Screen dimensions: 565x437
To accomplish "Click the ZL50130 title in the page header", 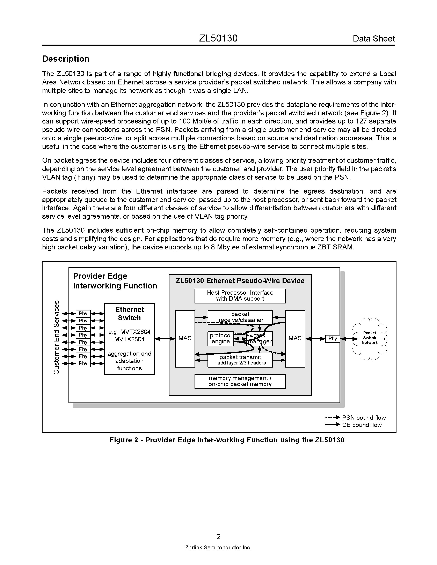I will coord(218,38).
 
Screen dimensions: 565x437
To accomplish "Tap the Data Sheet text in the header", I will coord(374,39).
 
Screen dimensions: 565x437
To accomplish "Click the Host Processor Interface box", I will coord(240,296).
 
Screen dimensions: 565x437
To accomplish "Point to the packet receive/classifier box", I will coord(240,317).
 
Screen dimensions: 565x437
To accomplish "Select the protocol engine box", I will coord(221,338).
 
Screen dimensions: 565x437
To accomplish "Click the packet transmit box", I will coord(240,360).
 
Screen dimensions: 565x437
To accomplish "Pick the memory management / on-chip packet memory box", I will coord(240,381).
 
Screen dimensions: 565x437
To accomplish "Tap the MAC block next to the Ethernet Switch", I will coord(185,338).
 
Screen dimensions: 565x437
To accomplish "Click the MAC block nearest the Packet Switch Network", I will coord(295,338).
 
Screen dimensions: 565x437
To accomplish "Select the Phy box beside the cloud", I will coord(333,339).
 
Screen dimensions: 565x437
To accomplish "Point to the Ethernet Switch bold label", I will coord(129,314).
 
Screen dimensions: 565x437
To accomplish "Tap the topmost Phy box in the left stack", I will coord(83,314).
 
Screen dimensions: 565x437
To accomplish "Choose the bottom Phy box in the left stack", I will coord(83,363).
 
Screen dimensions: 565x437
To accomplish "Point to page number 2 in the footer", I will coord(218,537).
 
